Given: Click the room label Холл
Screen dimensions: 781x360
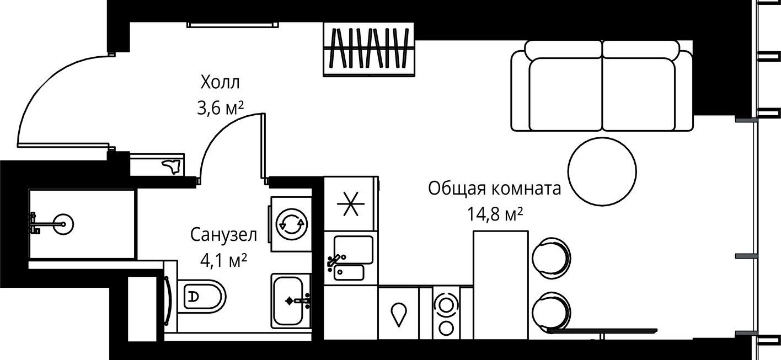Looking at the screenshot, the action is [221, 83].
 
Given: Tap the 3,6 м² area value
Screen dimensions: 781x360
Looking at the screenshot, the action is [221, 109].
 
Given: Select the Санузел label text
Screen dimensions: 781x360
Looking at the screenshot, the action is [223, 235].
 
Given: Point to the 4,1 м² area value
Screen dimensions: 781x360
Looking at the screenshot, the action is [223, 260].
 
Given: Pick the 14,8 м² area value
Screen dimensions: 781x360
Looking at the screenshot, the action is [495, 214].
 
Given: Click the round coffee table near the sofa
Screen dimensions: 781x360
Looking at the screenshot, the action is [602, 171].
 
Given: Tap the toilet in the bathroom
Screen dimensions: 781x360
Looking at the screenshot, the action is [201, 296].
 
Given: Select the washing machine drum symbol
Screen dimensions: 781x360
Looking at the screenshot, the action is [291, 224].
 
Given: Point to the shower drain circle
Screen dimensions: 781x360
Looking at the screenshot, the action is [63, 224].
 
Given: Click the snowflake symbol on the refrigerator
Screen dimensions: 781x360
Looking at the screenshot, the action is [351, 203].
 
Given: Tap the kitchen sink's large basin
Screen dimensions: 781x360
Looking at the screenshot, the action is [353, 250].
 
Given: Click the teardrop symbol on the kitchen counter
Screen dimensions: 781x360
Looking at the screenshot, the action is [399, 314].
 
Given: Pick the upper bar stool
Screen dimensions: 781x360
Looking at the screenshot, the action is [551, 258].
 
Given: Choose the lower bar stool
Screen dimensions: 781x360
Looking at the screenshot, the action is [551, 312].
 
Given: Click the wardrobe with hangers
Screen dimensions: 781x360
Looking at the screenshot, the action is [369, 49].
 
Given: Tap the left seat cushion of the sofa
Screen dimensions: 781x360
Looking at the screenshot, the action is [565, 94].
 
